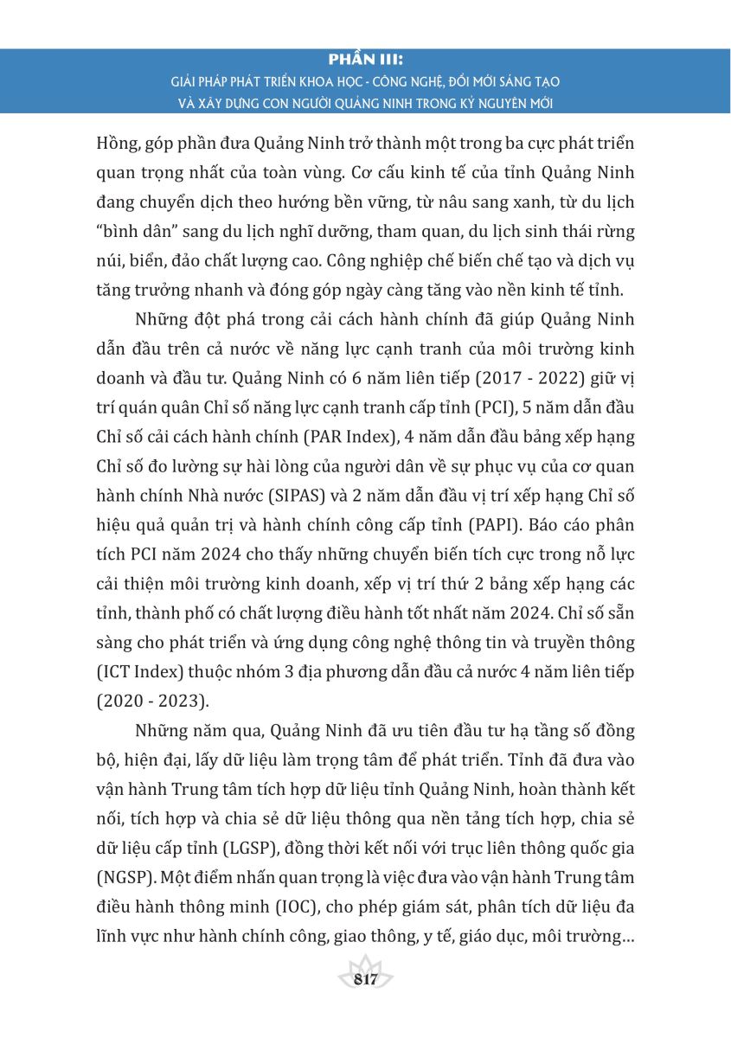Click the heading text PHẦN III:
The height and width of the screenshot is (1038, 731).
point(366,61)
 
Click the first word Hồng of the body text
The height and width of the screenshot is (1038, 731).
point(115,142)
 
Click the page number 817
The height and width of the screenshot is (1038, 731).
point(366,979)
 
